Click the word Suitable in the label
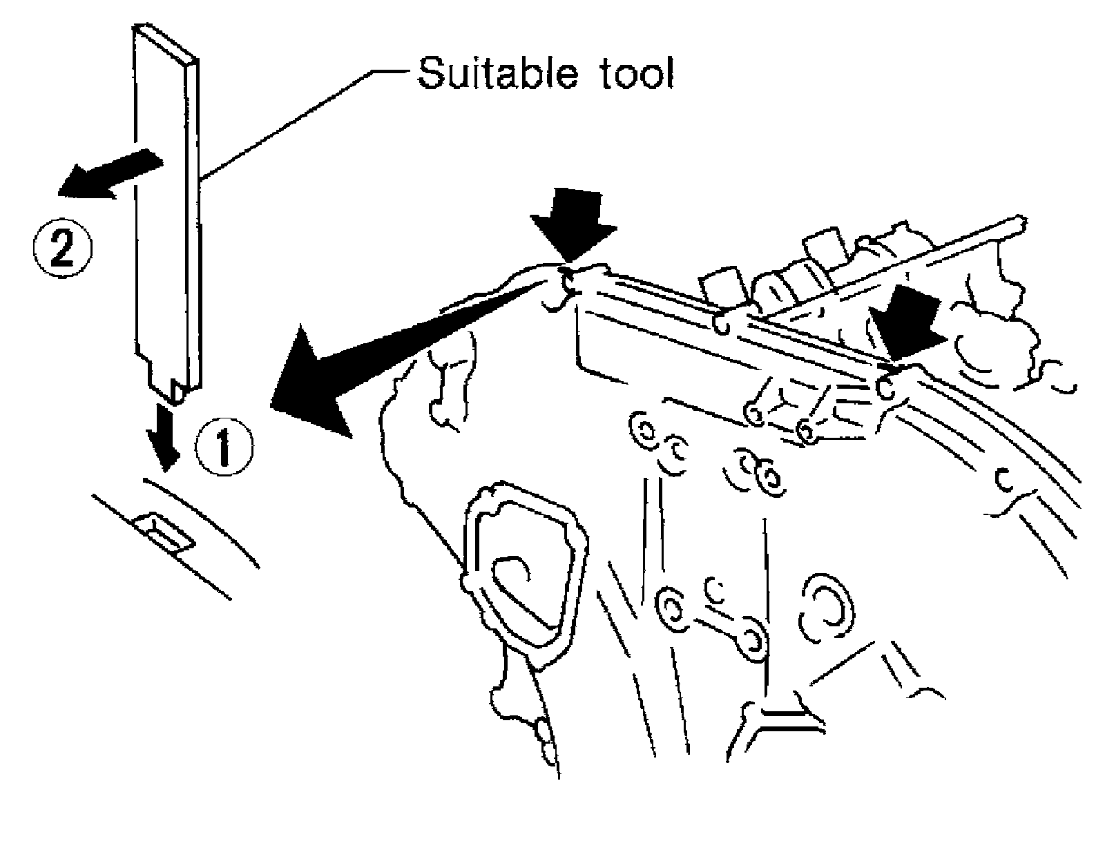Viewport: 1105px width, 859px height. click(493, 73)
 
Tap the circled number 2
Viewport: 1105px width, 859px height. click(62, 247)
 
